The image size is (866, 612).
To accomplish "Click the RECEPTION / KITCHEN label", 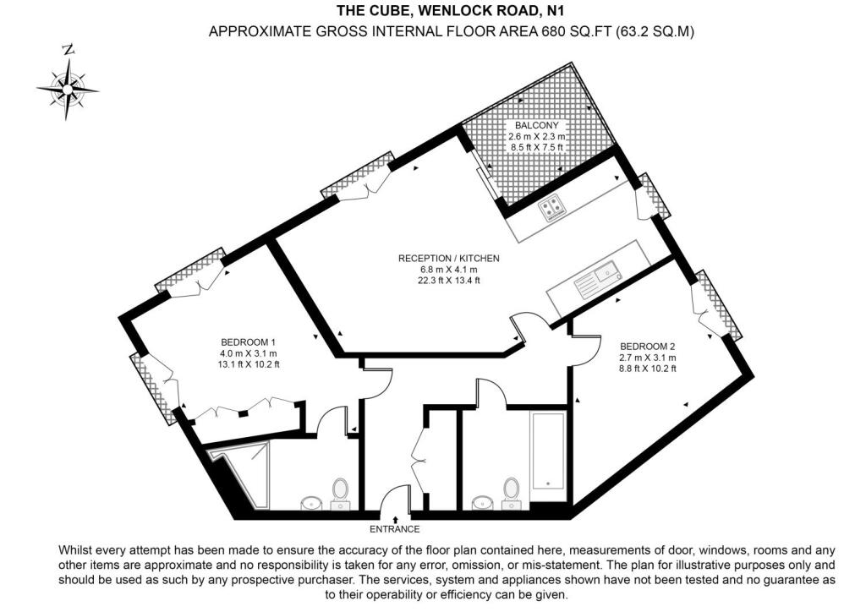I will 449,258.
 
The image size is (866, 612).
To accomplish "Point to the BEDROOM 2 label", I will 648,346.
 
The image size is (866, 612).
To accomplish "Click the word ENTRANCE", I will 395,529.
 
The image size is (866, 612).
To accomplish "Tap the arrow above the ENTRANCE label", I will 395,518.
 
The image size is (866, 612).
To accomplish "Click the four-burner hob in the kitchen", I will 554,206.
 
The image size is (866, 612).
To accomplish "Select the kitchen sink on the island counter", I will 603,274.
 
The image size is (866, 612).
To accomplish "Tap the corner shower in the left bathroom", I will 241,473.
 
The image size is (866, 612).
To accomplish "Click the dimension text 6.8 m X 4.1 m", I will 449,269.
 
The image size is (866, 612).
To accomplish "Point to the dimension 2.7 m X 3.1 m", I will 648,357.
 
